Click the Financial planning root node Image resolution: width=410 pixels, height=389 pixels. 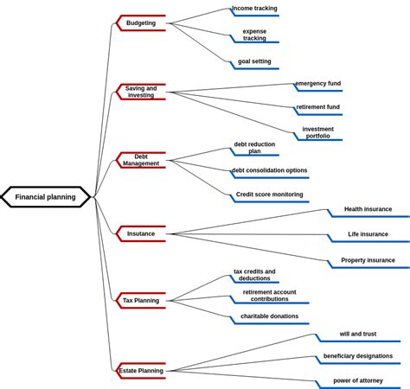coord(46,197)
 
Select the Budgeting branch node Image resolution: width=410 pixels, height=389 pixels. coord(141,23)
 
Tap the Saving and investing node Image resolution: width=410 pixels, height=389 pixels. coord(141,92)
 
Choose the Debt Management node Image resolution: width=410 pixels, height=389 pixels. coord(141,160)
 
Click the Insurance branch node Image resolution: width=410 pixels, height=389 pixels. coord(141,233)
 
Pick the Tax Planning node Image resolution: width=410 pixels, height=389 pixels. coord(141,301)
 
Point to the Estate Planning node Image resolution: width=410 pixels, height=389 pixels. coord(141,371)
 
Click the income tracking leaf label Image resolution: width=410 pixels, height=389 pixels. coord(254,9)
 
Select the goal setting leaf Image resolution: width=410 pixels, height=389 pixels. coord(254,61)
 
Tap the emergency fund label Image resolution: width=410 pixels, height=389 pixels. coord(317,84)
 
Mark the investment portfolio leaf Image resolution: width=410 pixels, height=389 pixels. coord(317,132)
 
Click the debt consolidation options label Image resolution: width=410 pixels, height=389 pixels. coord(269,171)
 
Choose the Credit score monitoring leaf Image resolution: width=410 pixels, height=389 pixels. coord(269,194)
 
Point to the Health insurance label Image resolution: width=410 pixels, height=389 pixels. coord(368,209)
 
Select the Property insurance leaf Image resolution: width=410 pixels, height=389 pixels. coord(368,260)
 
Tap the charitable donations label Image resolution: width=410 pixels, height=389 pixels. coord(269,316)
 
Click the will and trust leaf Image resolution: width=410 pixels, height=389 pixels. coord(357,335)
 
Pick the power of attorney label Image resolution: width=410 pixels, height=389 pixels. coord(357,380)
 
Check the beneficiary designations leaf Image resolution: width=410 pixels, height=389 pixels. coord(357,356)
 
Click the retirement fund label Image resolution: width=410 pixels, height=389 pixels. coord(317,108)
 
